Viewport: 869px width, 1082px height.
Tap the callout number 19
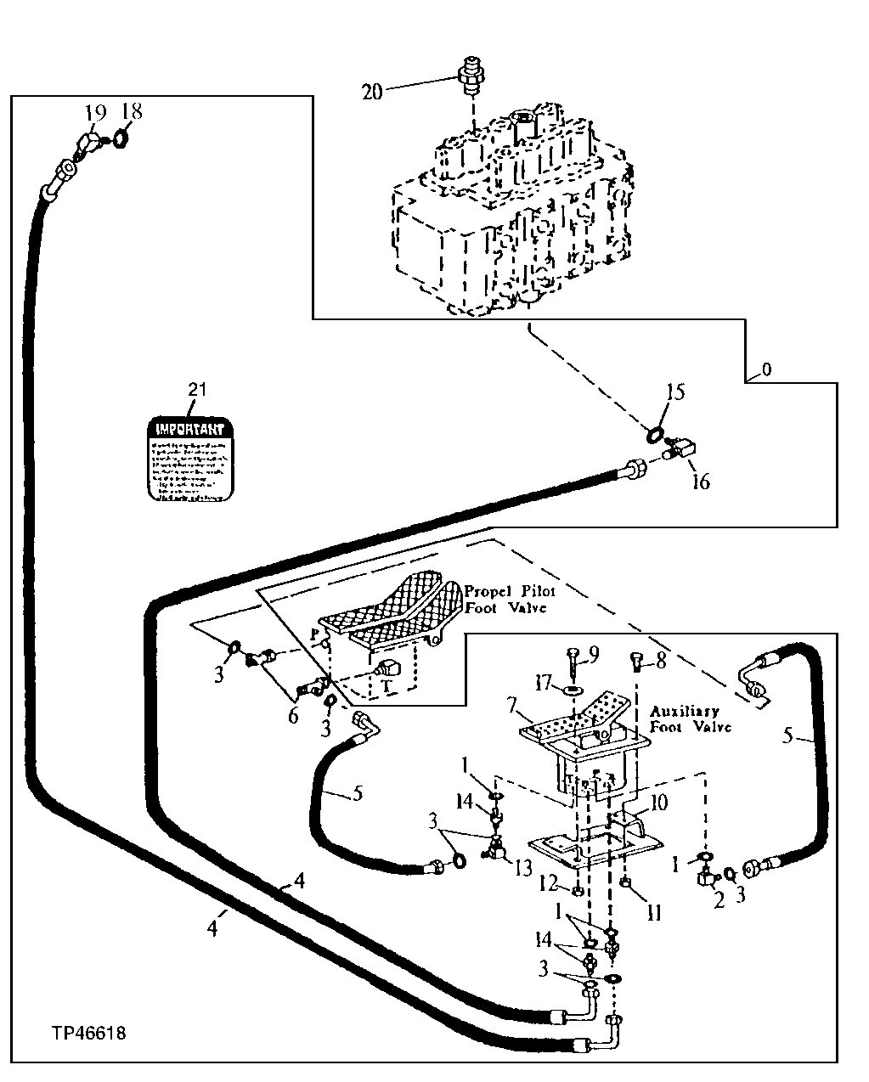[x=95, y=112]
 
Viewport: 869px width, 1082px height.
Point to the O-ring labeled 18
[x=121, y=137]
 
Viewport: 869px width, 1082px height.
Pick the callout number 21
[x=197, y=391]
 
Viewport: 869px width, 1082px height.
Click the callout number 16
[x=700, y=482]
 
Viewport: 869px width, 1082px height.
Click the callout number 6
[x=294, y=716]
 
